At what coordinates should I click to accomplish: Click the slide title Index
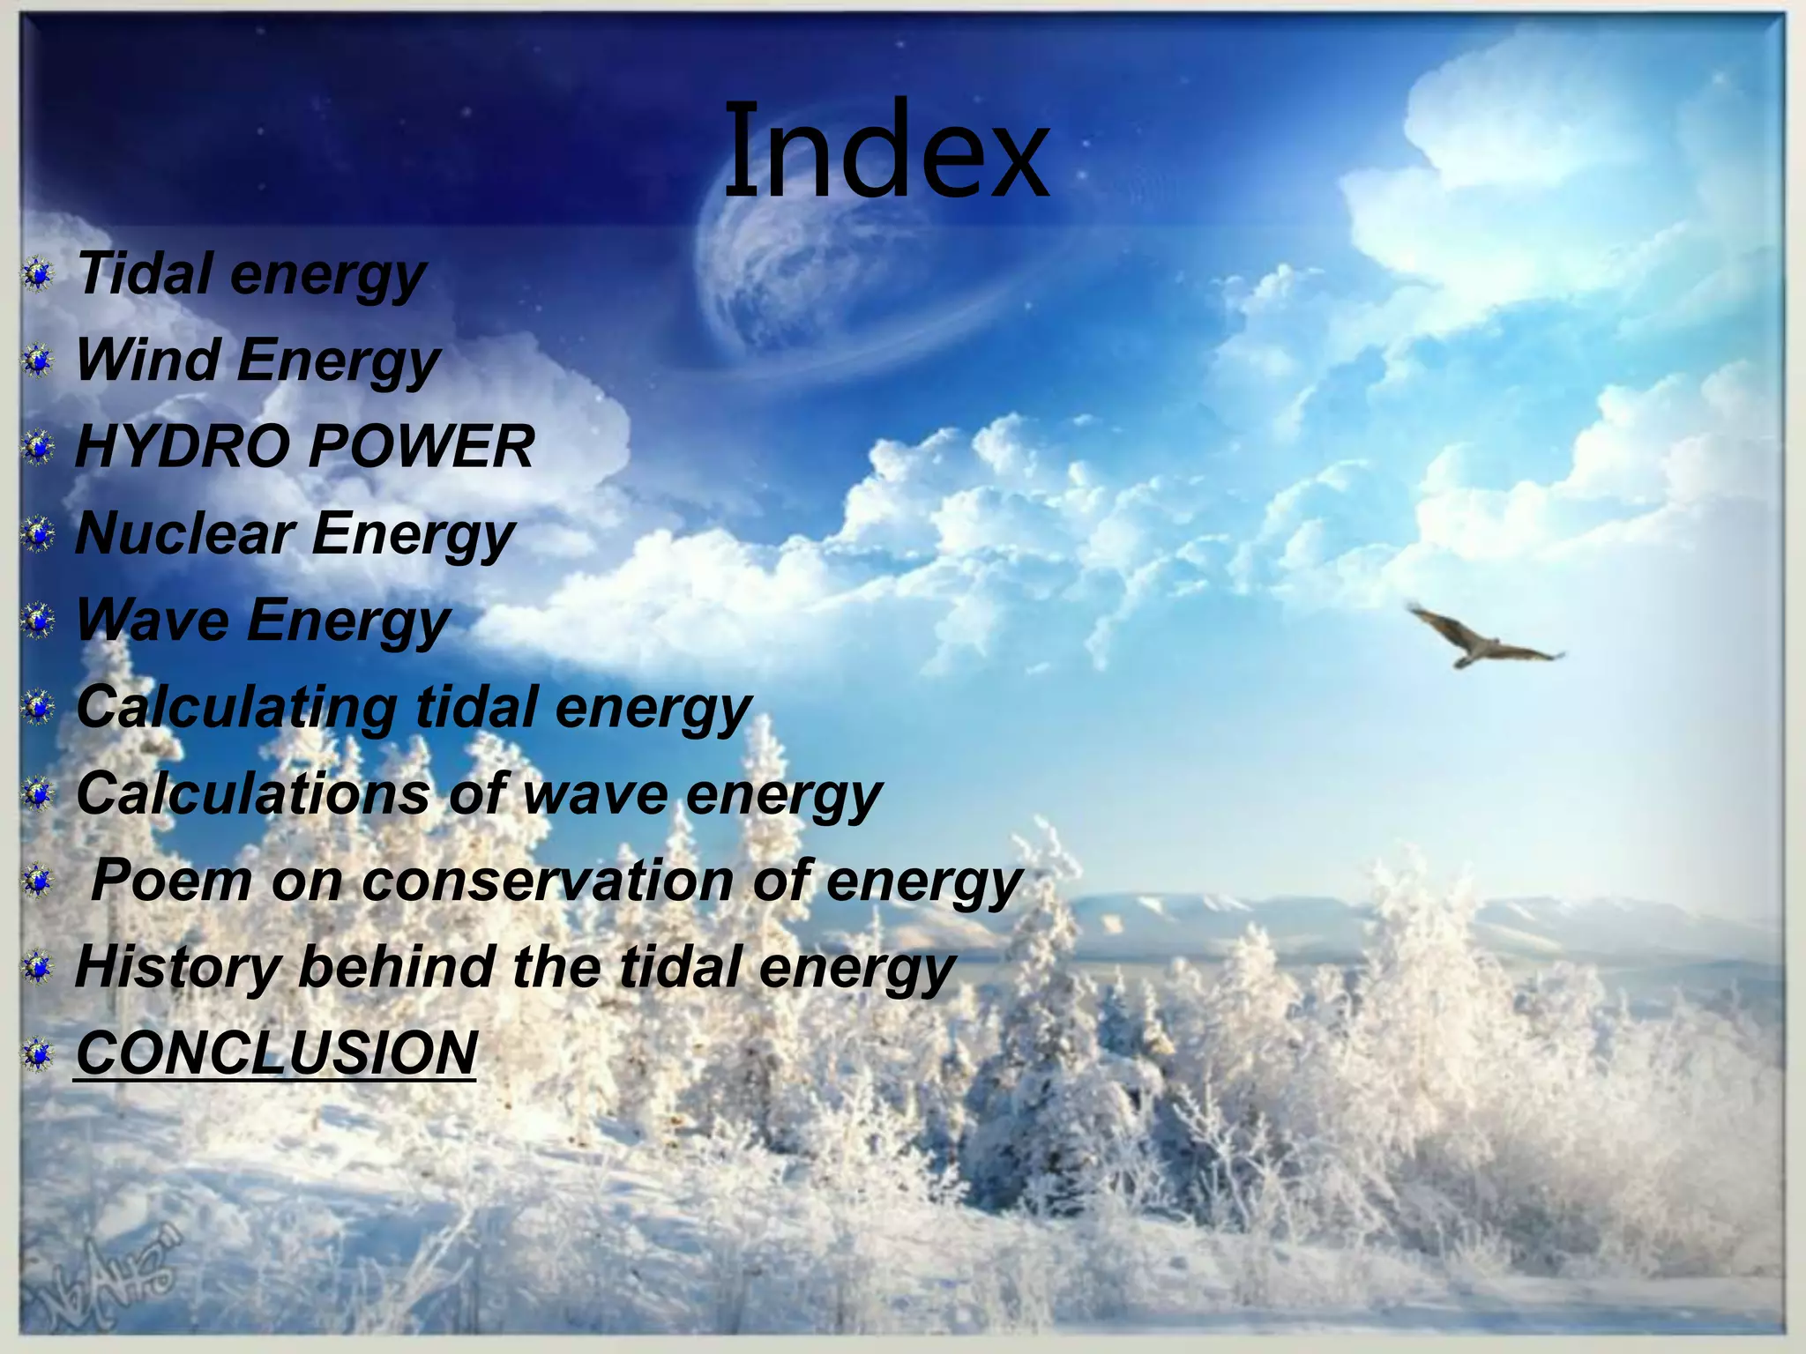point(886,152)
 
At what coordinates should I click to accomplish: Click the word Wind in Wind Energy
point(145,360)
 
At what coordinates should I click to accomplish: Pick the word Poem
point(173,880)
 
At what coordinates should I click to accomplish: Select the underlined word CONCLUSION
point(276,1052)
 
